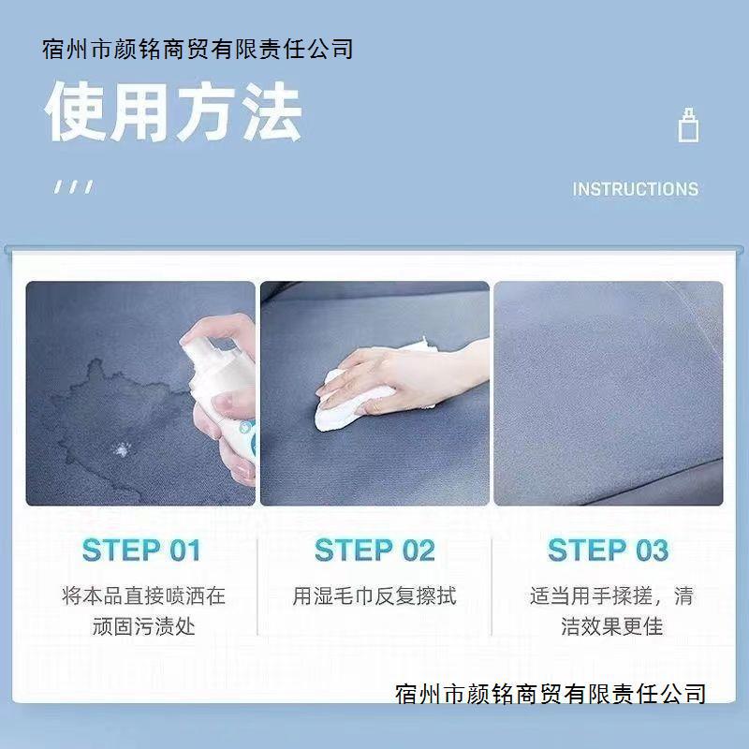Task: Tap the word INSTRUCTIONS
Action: click(x=635, y=189)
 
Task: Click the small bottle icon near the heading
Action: click(x=688, y=125)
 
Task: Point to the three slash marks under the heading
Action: click(x=73, y=186)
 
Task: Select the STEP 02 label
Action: click(x=374, y=551)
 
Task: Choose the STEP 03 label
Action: click(x=608, y=551)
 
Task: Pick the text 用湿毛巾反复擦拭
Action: click(x=374, y=595)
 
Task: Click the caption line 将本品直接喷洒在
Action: click(x=143, y=595)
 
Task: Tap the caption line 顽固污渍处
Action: click(x=143, y=626)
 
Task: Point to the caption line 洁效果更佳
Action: click(x=611, y=626)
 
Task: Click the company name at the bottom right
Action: click(x=551, y=694)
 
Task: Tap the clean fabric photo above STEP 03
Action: click(x=608, y=393)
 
